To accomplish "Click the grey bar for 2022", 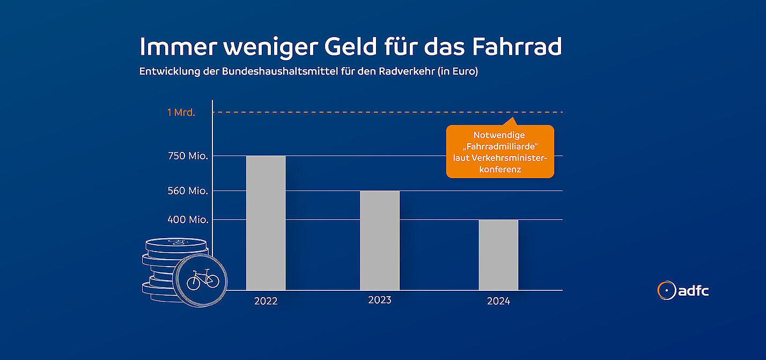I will click(266, 223).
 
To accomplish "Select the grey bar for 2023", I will click(380, 240).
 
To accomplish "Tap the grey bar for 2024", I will click(498, 255).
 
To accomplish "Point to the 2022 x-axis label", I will click(266, 301).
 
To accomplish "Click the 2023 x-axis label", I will click(380, 300).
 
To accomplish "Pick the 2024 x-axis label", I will click(498, 301).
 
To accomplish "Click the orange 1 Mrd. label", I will click(181, 113).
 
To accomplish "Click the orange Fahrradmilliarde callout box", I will click(499, 152).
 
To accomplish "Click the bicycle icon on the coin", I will click(203, 279).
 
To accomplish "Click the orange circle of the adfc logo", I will click(667, 290).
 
